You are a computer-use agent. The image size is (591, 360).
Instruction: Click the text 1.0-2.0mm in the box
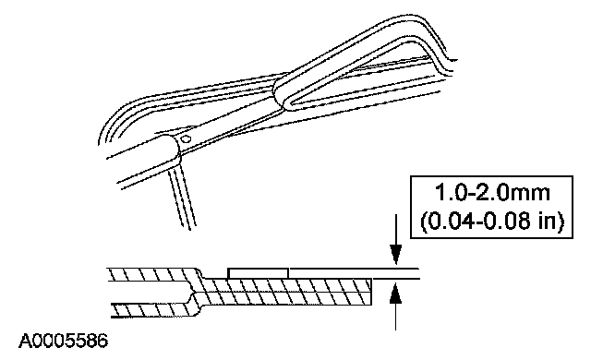click(x=492, y=193)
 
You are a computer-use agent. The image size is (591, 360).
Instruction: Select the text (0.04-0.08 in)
click(x=492, y=221)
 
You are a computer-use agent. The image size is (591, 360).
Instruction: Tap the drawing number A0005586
click(x=64, y=342)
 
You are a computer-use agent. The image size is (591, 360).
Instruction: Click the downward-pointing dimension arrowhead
click(x=395, y=254)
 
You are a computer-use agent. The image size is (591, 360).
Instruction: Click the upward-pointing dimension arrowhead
click(x=395, y=293)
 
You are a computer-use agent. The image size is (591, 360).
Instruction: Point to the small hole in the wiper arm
click(x=185, y=139)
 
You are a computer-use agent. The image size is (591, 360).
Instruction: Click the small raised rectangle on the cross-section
click(x=258, y=273)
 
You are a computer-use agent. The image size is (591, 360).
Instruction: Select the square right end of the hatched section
click(x=371, y=292)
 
